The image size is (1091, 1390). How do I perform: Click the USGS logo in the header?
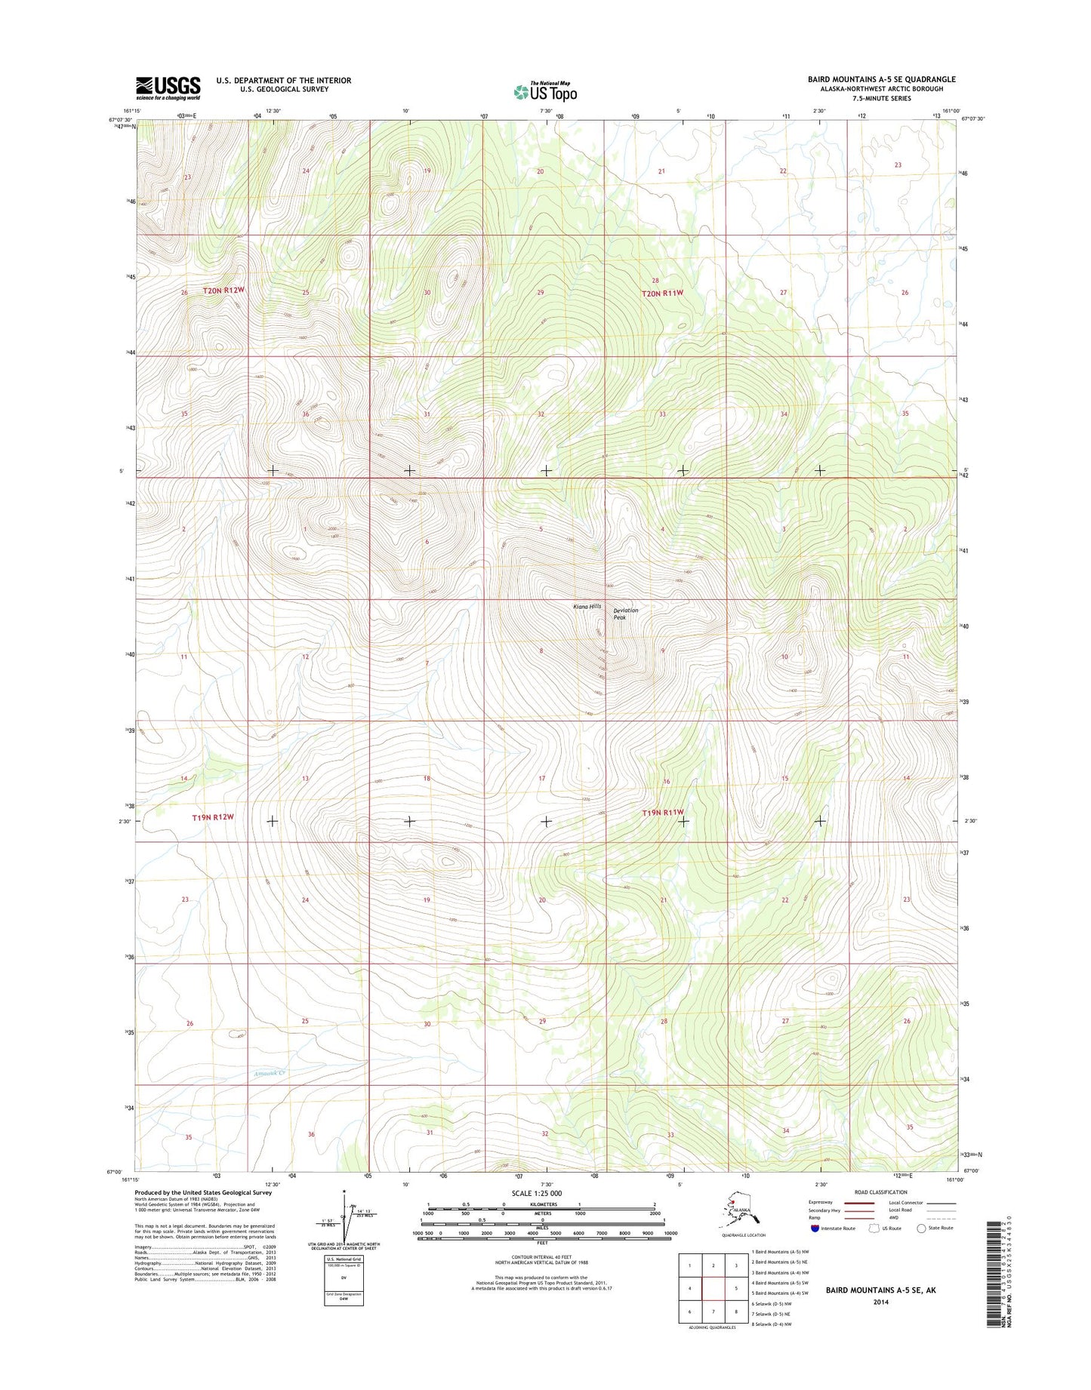click(x=168, y=88)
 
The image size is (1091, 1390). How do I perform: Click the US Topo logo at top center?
click(x=545, y=91)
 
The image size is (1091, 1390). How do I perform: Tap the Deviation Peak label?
click(x=625, y=614)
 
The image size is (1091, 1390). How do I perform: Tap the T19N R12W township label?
click(x=213, y=817)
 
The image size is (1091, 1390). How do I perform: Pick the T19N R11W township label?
click(x=663, y=813)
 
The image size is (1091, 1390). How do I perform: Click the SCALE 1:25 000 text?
click(x=536, y=1193)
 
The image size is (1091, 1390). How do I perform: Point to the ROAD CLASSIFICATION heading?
click(x=880, y=1192)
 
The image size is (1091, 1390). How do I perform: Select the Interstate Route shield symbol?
click(x=815, y=1228)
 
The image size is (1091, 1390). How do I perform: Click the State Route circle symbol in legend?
click(x=921, y=1228)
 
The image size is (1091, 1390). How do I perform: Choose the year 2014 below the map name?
click(x=880, y=1302)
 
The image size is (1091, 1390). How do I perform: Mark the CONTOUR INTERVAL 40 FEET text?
click(x=541, y=1256)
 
